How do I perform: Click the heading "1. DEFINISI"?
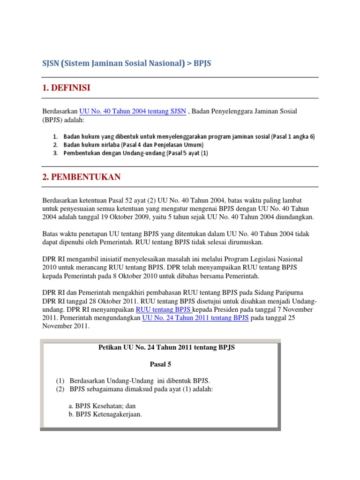66,88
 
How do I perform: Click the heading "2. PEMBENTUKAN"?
82,177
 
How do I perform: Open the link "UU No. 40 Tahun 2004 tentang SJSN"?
133,111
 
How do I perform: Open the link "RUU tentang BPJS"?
164,309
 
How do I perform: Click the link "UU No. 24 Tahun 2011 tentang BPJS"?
195,317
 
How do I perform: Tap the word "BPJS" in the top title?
202,64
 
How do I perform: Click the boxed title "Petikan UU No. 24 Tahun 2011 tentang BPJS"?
166,347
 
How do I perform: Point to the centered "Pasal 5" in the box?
161,364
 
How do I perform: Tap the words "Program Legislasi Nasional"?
260,259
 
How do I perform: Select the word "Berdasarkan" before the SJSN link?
60,111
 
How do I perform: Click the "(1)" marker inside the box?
60,380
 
